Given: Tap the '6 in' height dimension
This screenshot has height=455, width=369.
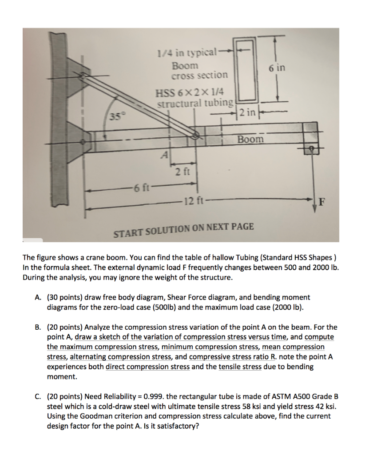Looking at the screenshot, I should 277,68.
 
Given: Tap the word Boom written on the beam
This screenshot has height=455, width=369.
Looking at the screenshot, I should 250,139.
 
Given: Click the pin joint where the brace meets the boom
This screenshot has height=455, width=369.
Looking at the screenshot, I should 194,136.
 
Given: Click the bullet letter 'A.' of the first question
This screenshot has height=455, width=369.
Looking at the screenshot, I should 38,297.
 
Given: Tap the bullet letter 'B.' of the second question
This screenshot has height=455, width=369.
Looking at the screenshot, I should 38,327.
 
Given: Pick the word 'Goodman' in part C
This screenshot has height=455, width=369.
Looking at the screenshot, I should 94,416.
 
